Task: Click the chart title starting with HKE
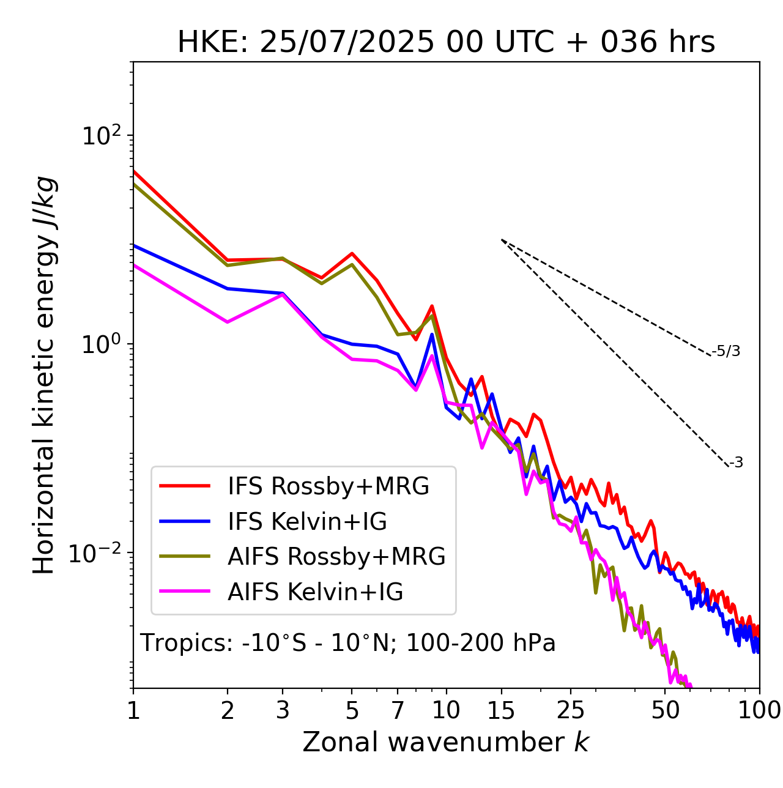pos(446,43)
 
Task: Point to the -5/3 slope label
pos(726,351)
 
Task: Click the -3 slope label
pos(736,463)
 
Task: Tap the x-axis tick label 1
pos(133,710)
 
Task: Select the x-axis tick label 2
pos(228,710)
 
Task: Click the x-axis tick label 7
pos(398,710)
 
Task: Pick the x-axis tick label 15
pos(501,710)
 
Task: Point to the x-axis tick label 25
pos(571,710)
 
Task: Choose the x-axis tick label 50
pos(665,710)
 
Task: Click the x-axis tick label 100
pos(759,710)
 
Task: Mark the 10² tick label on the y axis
pos(102,135)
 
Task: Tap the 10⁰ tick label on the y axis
pos(102,344)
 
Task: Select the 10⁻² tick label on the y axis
pos(98,553)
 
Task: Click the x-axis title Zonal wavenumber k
pos(445,743)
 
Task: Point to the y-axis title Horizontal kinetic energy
pos(44,375)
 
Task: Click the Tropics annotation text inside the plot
pos(347,643)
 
